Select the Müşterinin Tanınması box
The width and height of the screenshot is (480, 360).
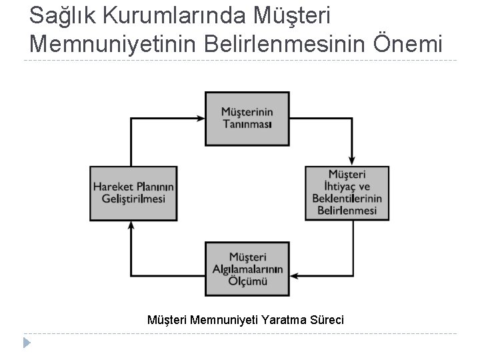(247, 119)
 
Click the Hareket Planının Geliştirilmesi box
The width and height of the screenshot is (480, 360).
(134, 193)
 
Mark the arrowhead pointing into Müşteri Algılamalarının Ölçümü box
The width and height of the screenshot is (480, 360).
(295, 275)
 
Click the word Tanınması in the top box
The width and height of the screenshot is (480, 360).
(247, 125)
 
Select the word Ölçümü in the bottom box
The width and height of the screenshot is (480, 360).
(247, 281)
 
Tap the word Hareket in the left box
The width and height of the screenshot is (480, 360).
(114, 187)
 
